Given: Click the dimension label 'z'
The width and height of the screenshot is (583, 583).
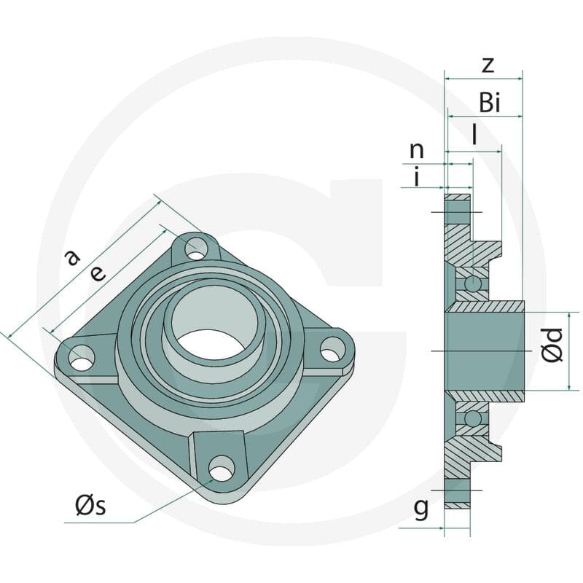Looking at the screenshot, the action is tap(488, 65).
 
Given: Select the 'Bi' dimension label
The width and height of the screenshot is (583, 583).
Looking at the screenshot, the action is tap(490, 102).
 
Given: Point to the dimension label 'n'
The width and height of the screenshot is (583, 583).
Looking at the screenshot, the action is tap(416, 150).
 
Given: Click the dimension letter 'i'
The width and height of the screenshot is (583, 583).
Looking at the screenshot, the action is tap(417, 176).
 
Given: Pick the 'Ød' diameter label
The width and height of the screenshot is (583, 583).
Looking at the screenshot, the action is tap(552, 345).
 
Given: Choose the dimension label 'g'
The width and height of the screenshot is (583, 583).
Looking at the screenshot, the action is tap(421, 509).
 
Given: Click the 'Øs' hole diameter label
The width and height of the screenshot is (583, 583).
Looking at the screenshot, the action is tap(90, 506).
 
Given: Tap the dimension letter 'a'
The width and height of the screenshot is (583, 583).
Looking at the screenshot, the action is tap(72, 257).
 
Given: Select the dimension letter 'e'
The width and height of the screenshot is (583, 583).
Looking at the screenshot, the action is tap(98, 274).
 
